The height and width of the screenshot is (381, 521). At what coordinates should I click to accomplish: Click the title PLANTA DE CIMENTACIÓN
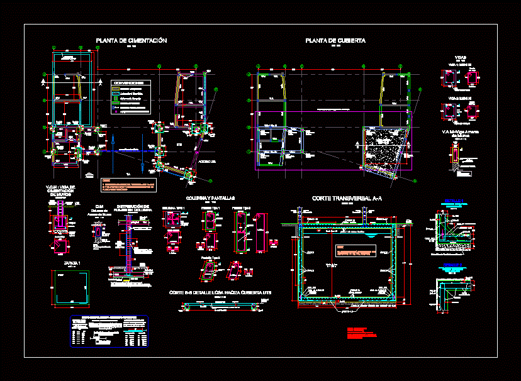click(x=131, y=40)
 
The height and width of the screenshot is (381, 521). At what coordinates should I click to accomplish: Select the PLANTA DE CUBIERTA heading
click(x=335, y=40)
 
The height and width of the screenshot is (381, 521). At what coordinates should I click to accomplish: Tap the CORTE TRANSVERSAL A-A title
click(x=347, y=198)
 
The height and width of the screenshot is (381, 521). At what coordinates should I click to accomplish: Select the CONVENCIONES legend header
click(x=131, y=82)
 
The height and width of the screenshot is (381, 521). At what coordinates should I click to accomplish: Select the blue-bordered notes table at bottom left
click(x=109, y=331)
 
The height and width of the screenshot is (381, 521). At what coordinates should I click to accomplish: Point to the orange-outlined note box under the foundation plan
click(x=128, y=185)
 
